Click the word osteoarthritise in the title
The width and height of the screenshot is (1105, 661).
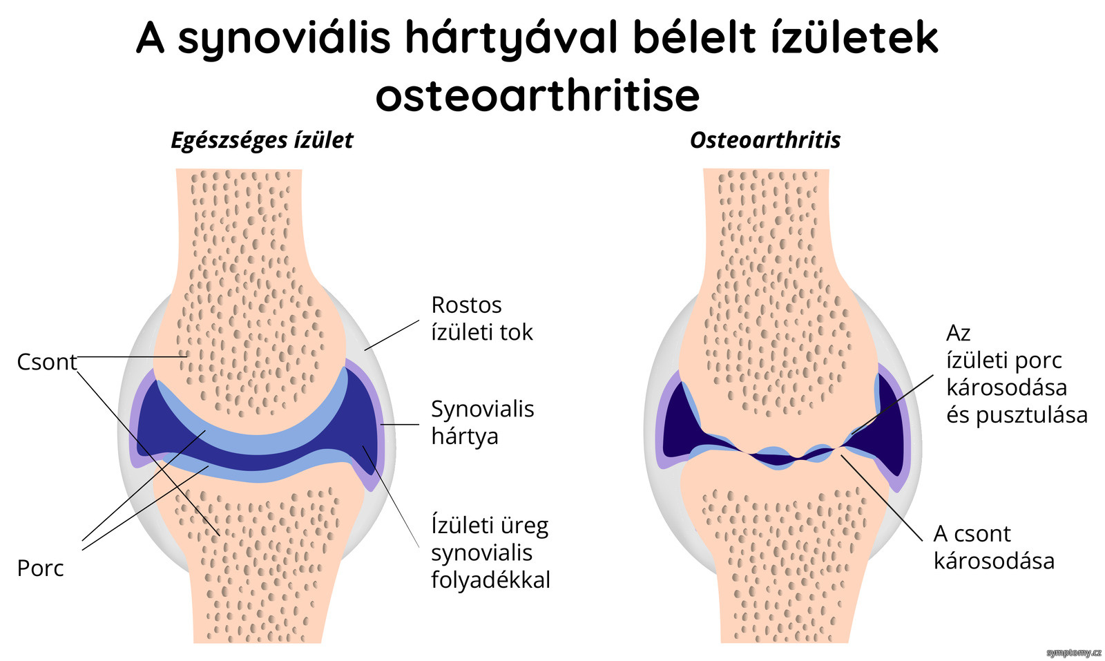(x=538, y=95)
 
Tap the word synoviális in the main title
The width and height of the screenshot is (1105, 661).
(x=284, y=39)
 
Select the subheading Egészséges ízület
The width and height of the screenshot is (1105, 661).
(x=262, y=141)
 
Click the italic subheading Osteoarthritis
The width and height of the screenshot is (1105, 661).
(x=765, y=140)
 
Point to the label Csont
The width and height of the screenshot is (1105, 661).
(x=47, y=362)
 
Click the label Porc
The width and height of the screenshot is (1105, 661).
(x=41, y=568)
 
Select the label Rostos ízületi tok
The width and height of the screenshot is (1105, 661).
(x=482, y=318)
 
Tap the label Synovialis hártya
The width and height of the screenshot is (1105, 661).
(x=483, y=423)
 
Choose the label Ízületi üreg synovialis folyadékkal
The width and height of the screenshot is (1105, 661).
(x=490, y=553)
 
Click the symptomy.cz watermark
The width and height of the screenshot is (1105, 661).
(x=1074, y=653)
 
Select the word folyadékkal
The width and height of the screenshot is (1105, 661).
(x=490, y=580)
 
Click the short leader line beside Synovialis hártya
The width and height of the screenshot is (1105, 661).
(x=400, y=424)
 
